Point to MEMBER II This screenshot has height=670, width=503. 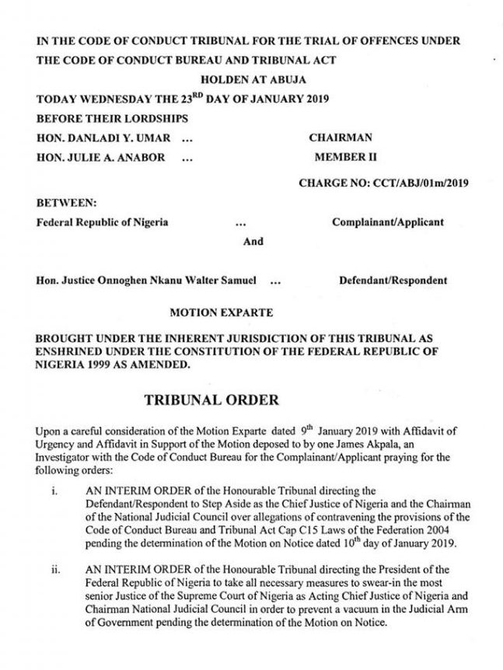345,156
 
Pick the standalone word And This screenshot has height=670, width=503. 253,241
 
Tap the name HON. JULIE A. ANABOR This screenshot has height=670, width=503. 101,157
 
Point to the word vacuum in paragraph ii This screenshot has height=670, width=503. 365,609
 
